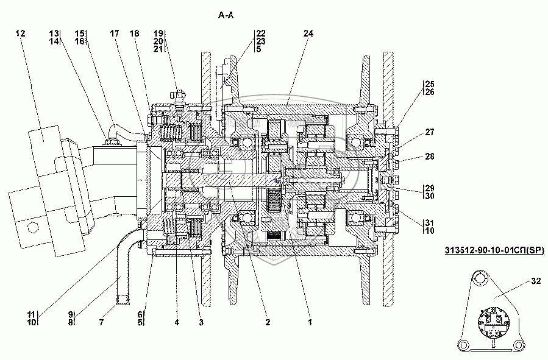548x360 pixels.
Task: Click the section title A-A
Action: point(226,15)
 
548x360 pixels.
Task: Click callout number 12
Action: point(21,33)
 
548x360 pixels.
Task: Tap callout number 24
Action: point(308,33)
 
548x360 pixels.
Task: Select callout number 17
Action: point(115,33)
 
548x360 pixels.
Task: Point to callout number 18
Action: point(134,33)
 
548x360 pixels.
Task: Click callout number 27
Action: point(430,132)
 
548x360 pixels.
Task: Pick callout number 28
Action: point(430,156)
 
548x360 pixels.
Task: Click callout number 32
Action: point(536,281)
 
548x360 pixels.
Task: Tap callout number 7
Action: point(101,322)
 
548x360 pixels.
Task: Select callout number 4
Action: point(177,322)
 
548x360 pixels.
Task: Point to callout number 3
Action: point(201,322)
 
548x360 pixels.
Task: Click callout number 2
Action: point(268,322)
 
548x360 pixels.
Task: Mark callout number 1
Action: point(310,322)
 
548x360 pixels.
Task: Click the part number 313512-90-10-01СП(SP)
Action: point(494,250)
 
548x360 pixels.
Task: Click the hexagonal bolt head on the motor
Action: point(33,228)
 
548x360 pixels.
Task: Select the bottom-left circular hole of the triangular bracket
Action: point(463,345)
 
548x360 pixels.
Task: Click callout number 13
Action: point(54,33)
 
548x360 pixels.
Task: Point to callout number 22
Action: point(261,33)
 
